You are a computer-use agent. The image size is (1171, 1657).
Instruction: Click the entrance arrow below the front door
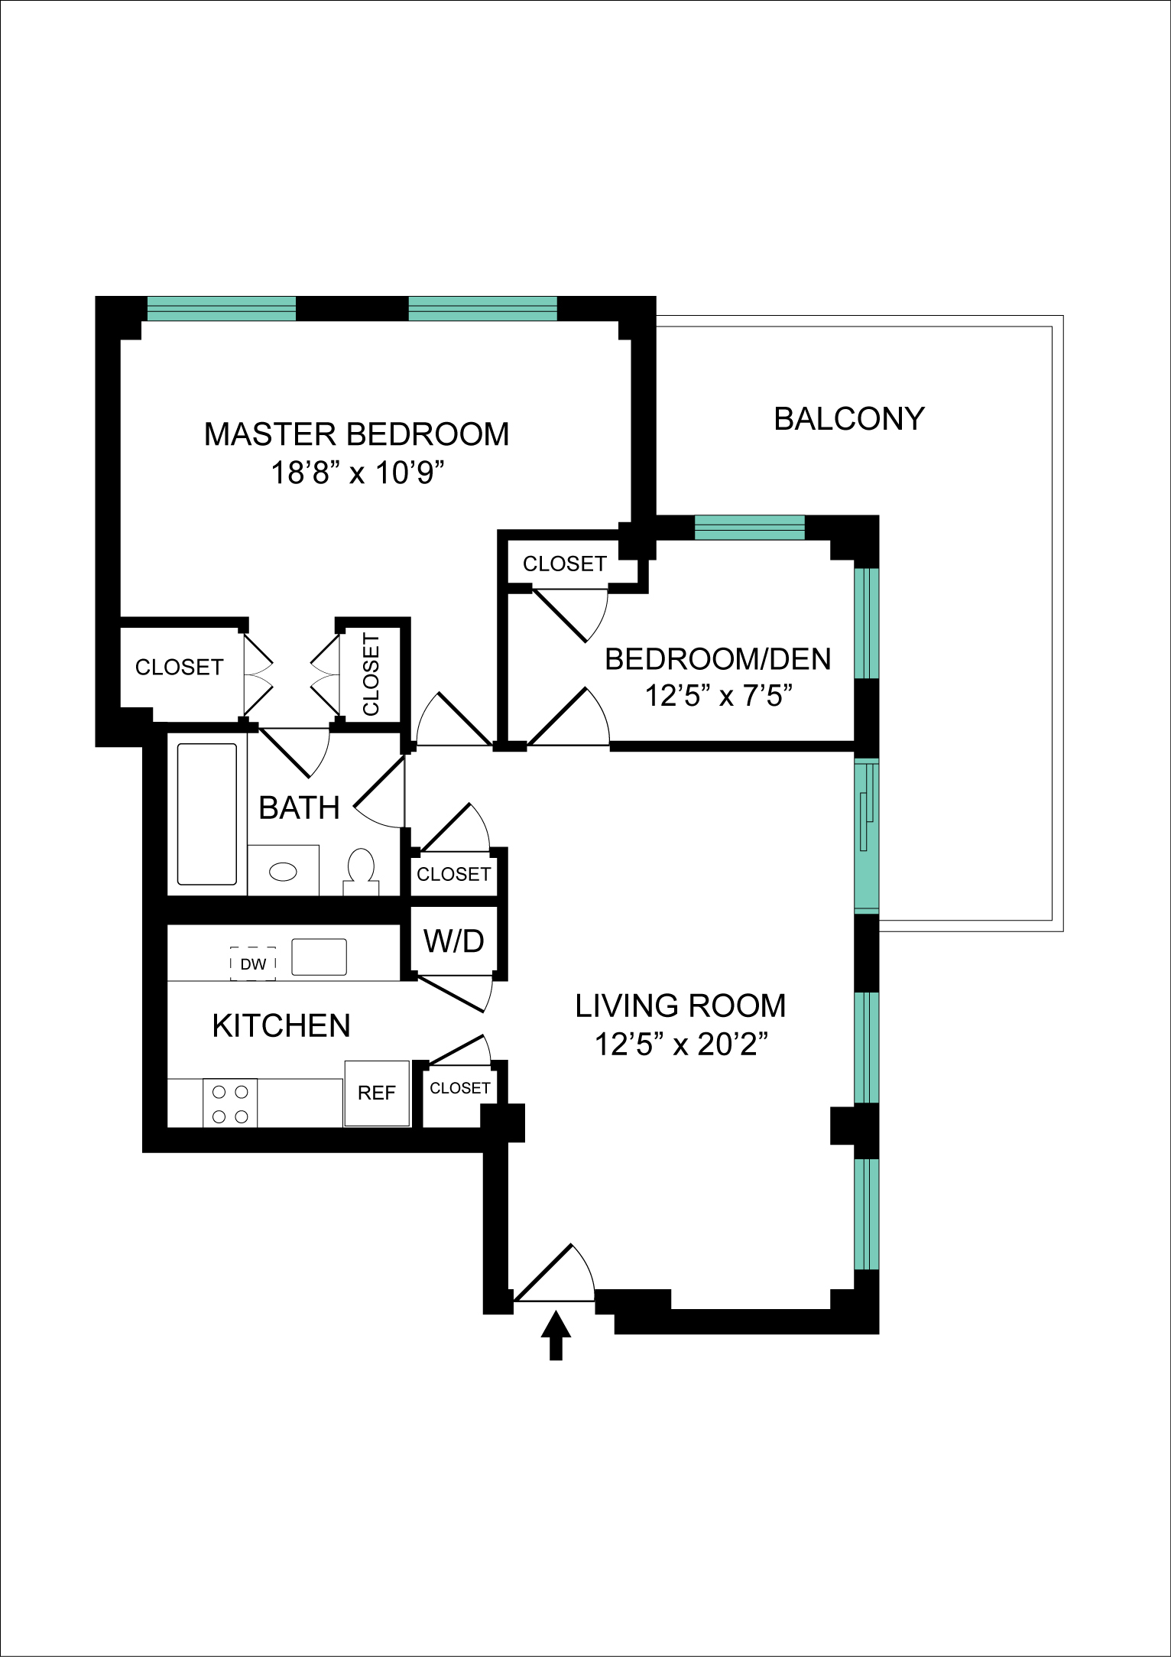coord(556,1335)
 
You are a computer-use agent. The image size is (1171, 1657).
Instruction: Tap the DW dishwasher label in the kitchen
coord(253,964)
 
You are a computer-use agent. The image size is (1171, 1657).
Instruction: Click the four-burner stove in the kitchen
coord(230,1103)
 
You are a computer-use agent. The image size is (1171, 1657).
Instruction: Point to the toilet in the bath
coord(361,871)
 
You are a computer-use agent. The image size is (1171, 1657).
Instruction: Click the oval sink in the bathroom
coord(284,872)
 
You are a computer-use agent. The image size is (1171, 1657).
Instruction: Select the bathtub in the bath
coord(206,814)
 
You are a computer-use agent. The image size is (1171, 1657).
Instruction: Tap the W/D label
coord(454,941)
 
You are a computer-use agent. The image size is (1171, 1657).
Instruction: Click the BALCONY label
coord(849,419)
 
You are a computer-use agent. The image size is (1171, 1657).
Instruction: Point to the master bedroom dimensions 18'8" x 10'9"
coord(358,473)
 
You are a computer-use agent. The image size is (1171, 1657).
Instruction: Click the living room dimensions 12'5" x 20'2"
coord(681,1044)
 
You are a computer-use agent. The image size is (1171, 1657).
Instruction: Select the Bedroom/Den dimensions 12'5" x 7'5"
coord(718,696)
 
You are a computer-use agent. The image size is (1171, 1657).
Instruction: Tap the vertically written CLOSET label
coord(371,674)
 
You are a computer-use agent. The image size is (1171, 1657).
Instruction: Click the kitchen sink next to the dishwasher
coord(319,957)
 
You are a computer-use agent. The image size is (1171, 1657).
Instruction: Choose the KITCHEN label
coord(281,1025)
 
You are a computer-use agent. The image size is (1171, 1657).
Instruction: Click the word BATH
coord(299,808)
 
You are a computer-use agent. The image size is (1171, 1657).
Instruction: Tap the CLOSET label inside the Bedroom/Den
coord(565,564)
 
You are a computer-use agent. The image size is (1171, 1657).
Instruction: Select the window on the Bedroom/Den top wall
coord(750,528)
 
